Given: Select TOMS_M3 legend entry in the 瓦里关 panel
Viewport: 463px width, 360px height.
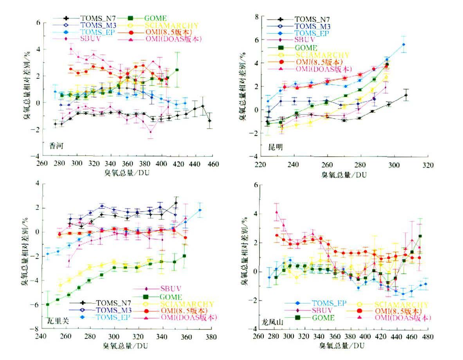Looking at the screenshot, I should [x=112, y=309].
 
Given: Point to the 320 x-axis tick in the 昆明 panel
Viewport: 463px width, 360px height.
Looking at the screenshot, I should [x=428, y=165].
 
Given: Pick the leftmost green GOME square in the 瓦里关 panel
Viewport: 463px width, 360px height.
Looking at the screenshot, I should [x=48, y=304].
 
